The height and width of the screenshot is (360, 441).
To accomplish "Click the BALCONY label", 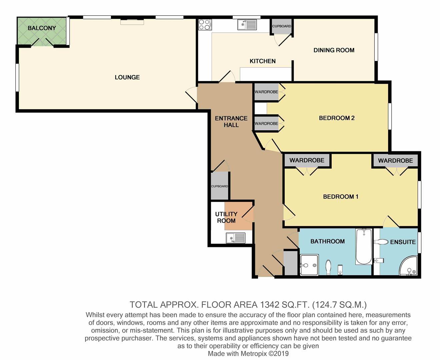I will pyautogui.click(x=42, y=28).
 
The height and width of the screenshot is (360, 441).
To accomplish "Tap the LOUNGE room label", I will pyautogui.click(x=127, y=77).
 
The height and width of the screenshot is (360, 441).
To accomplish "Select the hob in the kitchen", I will pyautogui.click(x=205, y=24).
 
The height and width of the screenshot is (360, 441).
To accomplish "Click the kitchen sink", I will pyautogui.click(x=247, y=24).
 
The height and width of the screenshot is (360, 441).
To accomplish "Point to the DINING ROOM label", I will pyautogui.click(x=334, y=50).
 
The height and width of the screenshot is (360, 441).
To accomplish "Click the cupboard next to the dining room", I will pyautogui.click(x=282, y=26).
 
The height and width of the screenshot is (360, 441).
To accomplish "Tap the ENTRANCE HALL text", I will pyautogui.click(x=231, y=122).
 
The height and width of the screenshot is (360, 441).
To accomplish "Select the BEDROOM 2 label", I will pyautogui.click(x=337, y=118).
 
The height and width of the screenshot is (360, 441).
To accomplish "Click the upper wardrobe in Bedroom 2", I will pyautogui.click(x=266, y=92).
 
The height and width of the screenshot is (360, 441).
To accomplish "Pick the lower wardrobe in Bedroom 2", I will pyautogui.click(x=266, y=124).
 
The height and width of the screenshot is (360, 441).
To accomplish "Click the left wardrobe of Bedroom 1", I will pyautogui.click(x=307, y=160).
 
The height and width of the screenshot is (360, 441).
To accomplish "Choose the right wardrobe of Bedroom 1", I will pyautogui.click(x=395, y=161).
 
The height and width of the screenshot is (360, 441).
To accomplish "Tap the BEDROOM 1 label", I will pyautogui.click(x=341, y=197).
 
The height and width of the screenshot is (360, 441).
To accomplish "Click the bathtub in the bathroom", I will pyautogui.click(x=364, y=247).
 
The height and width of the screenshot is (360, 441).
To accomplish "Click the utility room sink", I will pyautogui.click(x=235, y=238).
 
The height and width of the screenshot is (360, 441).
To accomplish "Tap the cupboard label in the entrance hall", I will pyautogui.click(x=219, y=186).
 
